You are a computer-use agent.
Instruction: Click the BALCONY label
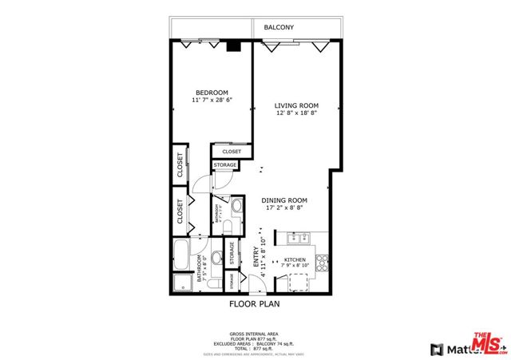(x=279, y=28)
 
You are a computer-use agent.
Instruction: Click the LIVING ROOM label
(x=296, y=105)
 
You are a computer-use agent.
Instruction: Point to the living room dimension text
(x=296, y=114)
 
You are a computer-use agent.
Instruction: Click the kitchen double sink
(x=300, y=236)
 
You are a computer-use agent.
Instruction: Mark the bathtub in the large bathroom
(x=181, y=256)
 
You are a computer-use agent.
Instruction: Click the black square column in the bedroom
(x=233, y=45)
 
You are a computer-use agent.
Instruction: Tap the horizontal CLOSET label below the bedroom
(x=232, y=152)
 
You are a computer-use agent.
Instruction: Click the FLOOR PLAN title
(x=255, y=303)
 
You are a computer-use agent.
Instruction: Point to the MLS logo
(x=489, y=343)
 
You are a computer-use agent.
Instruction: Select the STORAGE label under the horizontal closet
(x=224, y=165)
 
